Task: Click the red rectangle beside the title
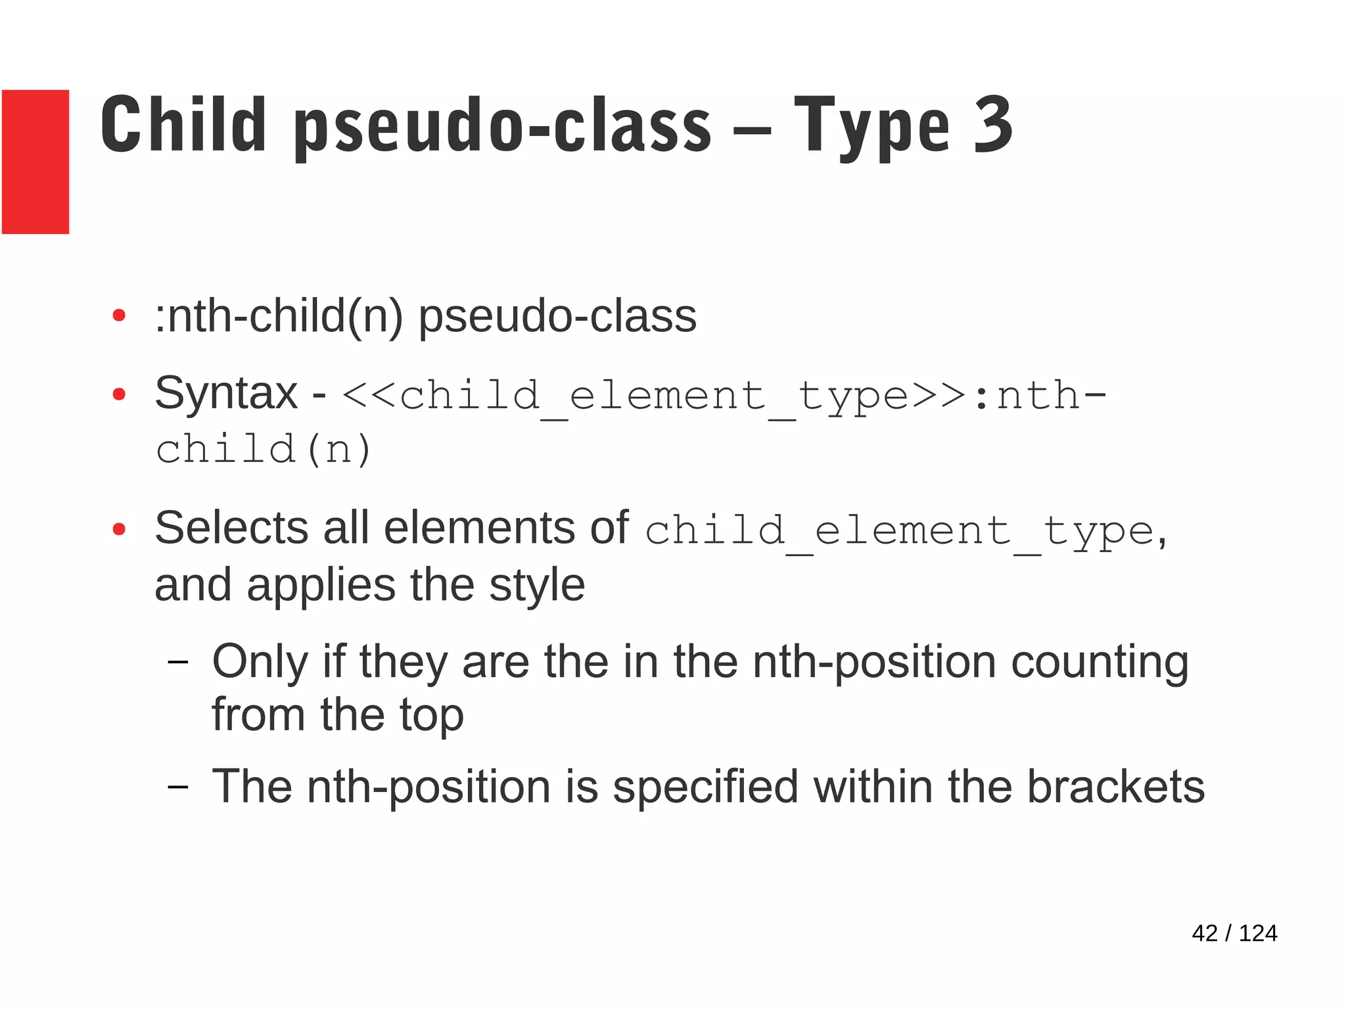pyautogui.click(x=35, y=162)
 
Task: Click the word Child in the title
pyautogui.click(x=183, y=125)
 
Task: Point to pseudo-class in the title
pyautogui.click(x=503, y=126)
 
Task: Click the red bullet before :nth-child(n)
pyautogui.click(x=119, y=316)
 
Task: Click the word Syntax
pyautogui.click(x=226, y=393)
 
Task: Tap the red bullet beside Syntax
pyautogui.click(x=119, y=394)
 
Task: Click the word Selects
pyautogui.click(x=231, y=528)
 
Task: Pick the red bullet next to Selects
pyautogui.click(x=119, y=529)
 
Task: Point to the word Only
pyautogui.click(x=260, y=662)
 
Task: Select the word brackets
pyautogui.click(x=1115, y=786)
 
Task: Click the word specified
pyautogui.click(x=705, y=787)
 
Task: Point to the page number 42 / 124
pyautogui.click(x=1234, y=933)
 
